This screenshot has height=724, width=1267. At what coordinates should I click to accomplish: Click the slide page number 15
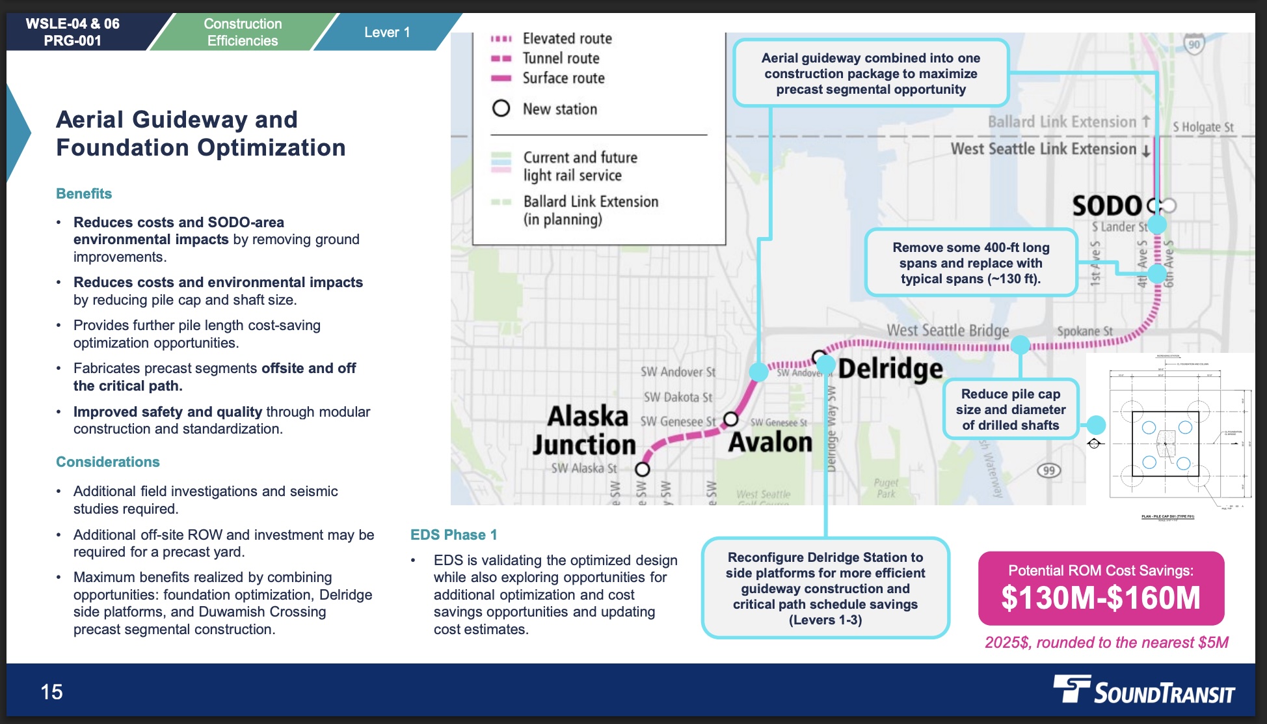pyautogui.click(x=52, y=691)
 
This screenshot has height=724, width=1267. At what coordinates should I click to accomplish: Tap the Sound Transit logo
pyautogui.click(x=1144, y=691)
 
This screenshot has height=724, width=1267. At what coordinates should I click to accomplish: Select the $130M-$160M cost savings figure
pyautogui.click(x=1100, y=598)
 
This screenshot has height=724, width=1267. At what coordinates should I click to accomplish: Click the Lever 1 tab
pyautogui.click(x=387, y=33)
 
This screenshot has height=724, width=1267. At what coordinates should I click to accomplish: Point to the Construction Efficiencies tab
pyautogui.click(x=243, y=33)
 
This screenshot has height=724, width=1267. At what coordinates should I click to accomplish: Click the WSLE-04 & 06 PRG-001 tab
pyautogui.click(x=73, y=33)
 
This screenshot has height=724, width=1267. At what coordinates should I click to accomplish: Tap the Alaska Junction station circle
pyautogui.click(x=643, y=469)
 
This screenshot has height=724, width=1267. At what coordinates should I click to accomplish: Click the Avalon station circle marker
pyautogui.click(x=731, y=418)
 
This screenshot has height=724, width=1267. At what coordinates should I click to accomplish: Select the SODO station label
pyautogui.click(x=1107, y=206)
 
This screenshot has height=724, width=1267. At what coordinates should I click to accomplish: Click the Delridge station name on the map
pyautogui.click(x=890, y=369)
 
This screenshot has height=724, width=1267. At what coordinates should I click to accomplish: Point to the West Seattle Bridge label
pyautogui.click(x=948, y=331)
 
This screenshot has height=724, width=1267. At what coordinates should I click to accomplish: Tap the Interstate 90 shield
pyautogui.click(x=1194, y=45)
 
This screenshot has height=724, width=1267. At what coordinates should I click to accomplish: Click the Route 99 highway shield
pyautogui.click(x=1048, y=471)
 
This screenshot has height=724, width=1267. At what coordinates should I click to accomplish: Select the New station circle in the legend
pyautogui.click(x=501, y=108)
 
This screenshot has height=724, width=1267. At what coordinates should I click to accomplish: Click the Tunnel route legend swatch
pyautogui.click(x=501, y=59)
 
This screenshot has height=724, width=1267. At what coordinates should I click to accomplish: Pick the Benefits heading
pyautogui.click(x=84, y=194)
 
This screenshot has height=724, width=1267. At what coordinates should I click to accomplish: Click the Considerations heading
pyautogui.click(x=108, y=462)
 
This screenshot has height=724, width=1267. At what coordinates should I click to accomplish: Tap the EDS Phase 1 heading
pyautogui.click(x=453, y=535)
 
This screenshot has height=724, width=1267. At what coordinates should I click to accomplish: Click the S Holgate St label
pyautogui.click(x=1203, y=128)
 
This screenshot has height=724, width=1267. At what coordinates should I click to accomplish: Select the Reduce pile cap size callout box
pyautogui.click(x=1011, y=410)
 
